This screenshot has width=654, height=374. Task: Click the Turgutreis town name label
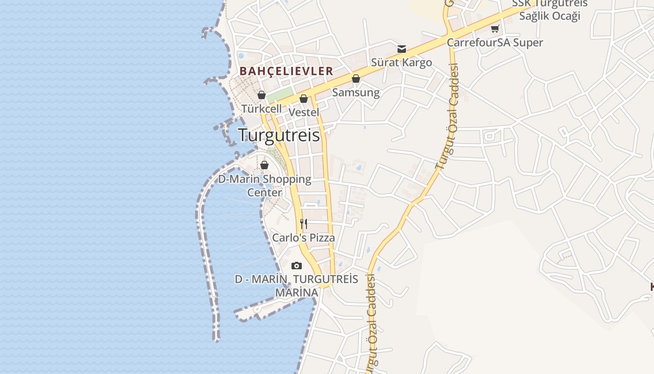[x=279, y=135]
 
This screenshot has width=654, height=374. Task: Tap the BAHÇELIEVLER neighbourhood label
[x=286, y=71]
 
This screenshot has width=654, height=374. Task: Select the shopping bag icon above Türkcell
[x=262, y=95]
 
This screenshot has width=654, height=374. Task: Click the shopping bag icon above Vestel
[x=304, y=99]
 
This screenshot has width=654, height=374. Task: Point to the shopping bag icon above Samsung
[x=356, y=79]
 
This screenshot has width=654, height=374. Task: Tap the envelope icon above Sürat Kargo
[x=402, y=49]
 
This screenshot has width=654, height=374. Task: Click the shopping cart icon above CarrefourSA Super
[x=495, y=29]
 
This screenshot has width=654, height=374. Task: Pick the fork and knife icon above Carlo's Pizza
[x=304, y=224]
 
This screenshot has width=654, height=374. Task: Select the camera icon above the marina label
[x=296, y=266]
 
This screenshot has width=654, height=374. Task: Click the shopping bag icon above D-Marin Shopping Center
[x=264, y=165]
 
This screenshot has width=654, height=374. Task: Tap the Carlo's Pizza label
[x=304, y=237]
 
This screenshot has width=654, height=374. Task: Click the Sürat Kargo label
[x=402, y=62]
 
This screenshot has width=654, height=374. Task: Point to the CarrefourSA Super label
[x=495, y=43]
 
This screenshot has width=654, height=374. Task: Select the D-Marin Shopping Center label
[x=264, y=186]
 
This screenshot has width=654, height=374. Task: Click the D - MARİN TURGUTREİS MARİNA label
[x=296, y=286]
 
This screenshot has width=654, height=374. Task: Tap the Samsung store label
[x=356, y=92]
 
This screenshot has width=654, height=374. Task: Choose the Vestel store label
[x=304, y=112]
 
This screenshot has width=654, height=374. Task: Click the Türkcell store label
[x=262, y=108]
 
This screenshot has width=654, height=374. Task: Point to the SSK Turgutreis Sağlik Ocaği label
[x=550, y=9]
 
